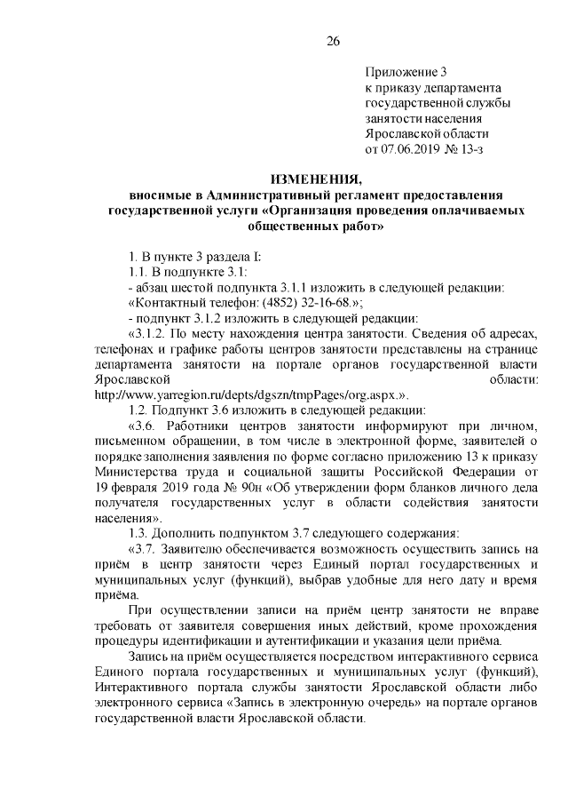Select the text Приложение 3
coord(406,71)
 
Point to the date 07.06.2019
coord(413,147)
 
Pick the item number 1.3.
coord(139,533)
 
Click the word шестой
coord(196,288)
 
